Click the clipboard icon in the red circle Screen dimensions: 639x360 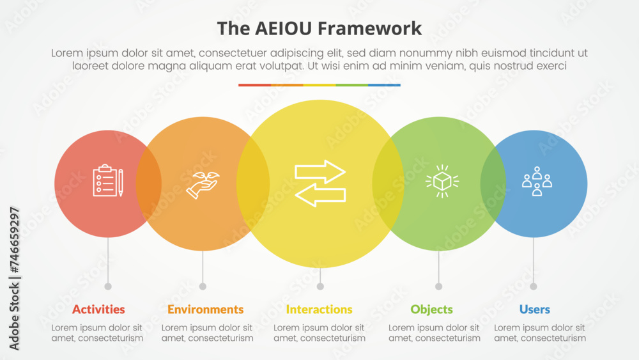point(108,180)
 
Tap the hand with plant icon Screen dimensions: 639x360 point(203,185)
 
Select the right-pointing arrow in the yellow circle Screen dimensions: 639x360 point(320,171)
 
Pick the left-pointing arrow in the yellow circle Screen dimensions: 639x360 point(320,195)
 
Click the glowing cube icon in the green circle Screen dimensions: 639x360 point(442,182)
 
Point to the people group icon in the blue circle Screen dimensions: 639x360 point(537,181)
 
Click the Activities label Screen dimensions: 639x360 point(98,309)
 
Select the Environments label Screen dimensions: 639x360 point(205,309)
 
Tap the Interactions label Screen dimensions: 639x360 point(319,309)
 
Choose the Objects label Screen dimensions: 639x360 point(431,310)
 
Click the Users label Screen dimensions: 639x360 point(535,309)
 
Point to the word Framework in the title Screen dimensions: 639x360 point(369,29)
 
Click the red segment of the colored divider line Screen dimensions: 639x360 point(255,85)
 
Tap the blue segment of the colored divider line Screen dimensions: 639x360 point(384,85)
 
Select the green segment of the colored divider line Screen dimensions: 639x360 point(351,85)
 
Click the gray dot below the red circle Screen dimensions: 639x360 point(108,286)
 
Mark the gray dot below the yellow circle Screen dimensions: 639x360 point(320,286)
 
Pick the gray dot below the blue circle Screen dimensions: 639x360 point(534,286)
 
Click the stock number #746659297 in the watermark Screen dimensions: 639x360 point(14,240)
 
